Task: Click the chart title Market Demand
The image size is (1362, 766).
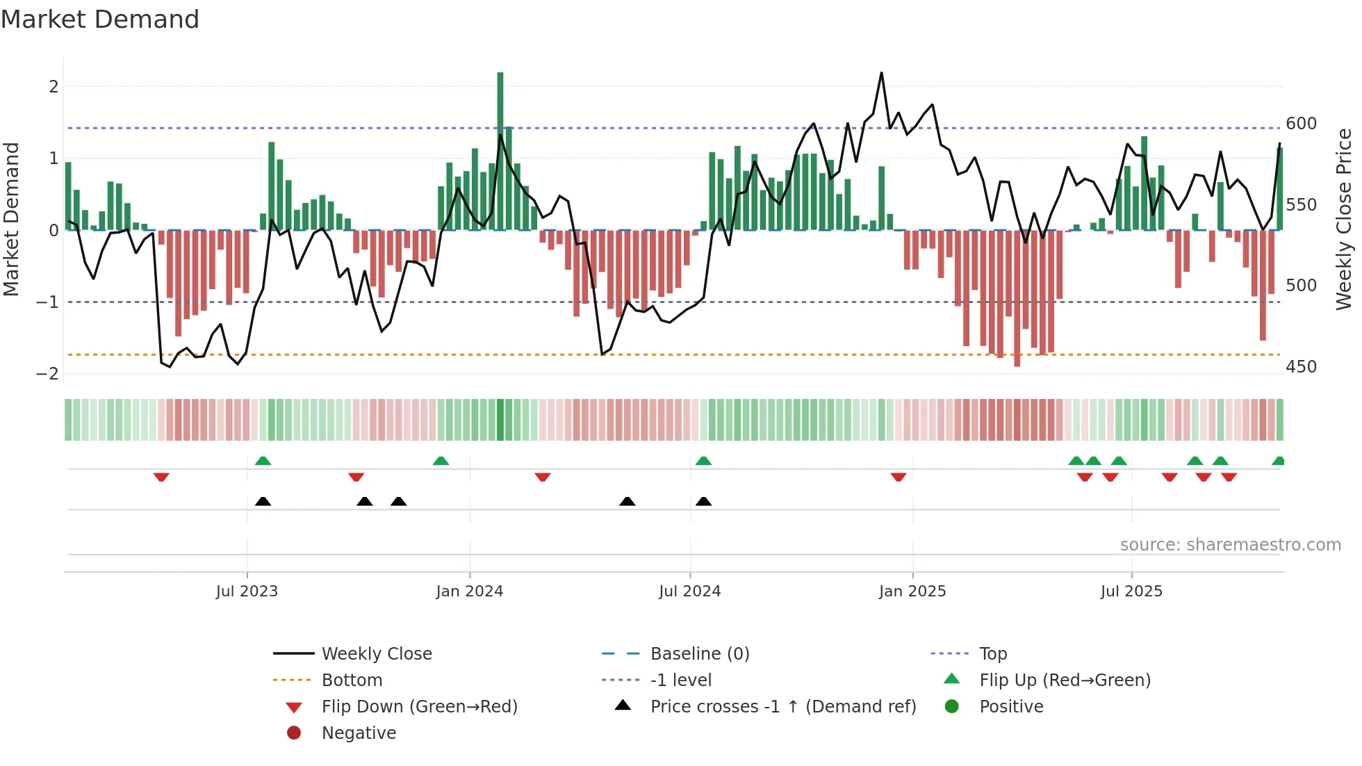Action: click(x=100, y=19)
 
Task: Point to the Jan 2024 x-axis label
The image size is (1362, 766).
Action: click(x=469, y=592)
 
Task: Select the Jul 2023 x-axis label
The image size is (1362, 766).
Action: click(x=247, y=592)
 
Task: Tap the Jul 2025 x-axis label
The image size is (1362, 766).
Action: click(x=1131, y=592)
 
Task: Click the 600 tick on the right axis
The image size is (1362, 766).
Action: click(x=1301, y=124)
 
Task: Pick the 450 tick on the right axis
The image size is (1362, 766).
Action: click(x=1301, y=367)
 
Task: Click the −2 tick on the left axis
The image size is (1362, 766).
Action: click(x=48, y=374)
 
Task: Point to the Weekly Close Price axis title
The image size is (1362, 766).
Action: click(x=1344, y=219)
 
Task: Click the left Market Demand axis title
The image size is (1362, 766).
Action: click(x=11, y=219)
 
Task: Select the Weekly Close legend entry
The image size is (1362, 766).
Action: click(x=377, y=654)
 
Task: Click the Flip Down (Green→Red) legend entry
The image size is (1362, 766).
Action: click(x=419, y=707)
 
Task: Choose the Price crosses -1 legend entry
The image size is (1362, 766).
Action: click(x=782, y=707)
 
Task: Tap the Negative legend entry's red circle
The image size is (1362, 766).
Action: click(x=294, y=733)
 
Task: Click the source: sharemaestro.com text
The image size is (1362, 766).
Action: click(x=1230, y=545)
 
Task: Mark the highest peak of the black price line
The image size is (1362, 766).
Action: click(x=882, y=73)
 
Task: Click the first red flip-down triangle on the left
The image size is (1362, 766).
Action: click(x=161, y=478)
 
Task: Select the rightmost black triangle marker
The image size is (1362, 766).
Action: click(x=704, y=502)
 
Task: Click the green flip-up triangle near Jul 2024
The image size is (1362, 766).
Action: click(x=704, y=461)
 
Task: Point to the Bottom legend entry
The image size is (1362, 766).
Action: click(x=352, y=681)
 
